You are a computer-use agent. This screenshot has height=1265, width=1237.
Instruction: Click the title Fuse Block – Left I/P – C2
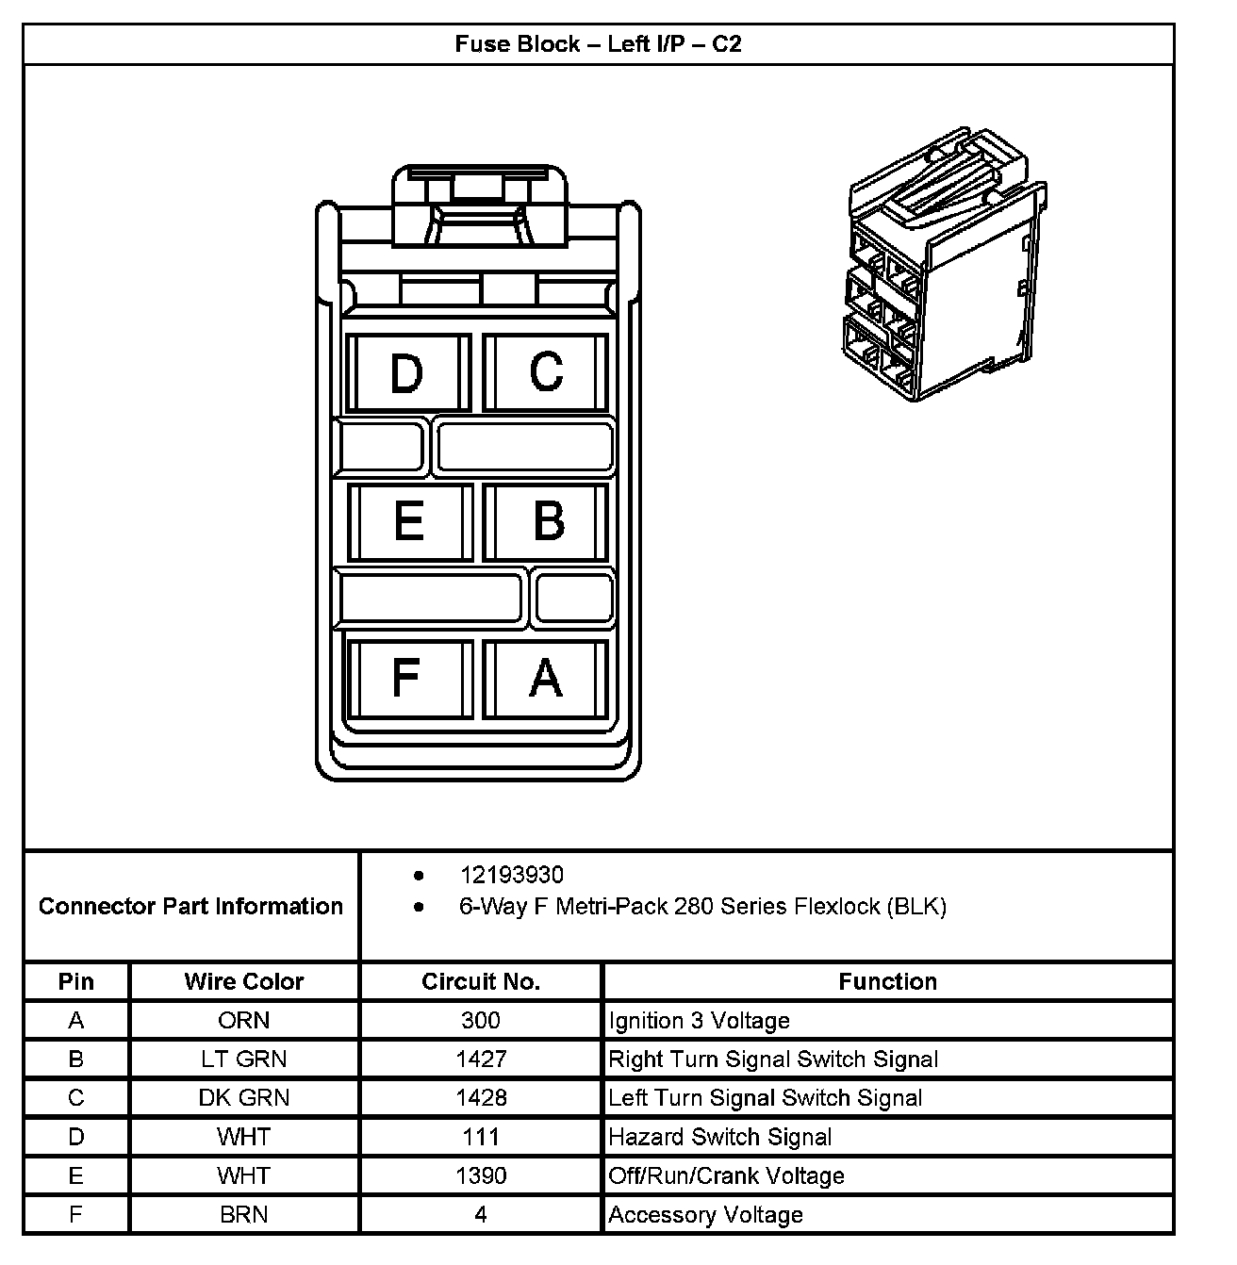(x=598, y=44)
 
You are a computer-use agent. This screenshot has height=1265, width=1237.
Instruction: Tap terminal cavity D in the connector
(x=407, y=373)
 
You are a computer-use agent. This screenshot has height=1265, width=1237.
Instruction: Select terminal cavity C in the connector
(x=546, y=372)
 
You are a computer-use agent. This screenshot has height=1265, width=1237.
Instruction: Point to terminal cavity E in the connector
(x=408, y=521)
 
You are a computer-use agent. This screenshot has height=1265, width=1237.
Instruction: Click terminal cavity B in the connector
(x=548, y=521)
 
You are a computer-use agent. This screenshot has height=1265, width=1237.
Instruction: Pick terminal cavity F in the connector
(x=406, y=678)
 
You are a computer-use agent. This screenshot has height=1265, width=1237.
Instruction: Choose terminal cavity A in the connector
(x=546, y=678)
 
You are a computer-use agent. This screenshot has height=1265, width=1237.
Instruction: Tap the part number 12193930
(x=511, y=875)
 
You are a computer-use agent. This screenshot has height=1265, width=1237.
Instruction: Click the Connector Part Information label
(x=190, y=907)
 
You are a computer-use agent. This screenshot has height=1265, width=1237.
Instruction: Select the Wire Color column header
(x=244, y=981)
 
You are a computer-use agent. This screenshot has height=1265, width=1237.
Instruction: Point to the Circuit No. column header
(x=481, y=981)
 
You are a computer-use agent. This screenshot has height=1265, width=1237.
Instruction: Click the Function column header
(x=887, y=981)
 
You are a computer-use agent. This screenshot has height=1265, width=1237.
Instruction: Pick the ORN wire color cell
(x=244, y=1021)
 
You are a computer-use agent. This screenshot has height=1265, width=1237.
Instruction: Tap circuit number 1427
(x=481, y=1060)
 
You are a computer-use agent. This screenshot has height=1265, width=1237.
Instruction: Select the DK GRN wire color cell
(x=244, y=1098)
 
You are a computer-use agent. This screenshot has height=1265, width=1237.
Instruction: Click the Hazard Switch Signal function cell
(x=720, y=1137)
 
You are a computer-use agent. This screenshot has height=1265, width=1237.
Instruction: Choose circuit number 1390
(x=481, y=1175)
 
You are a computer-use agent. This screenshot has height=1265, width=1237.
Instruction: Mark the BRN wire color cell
(x=244, y=1215)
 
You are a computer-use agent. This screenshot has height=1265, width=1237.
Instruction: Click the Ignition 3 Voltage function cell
(x=700, y=1021)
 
